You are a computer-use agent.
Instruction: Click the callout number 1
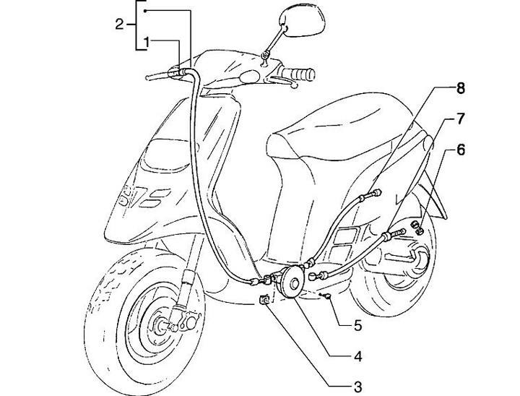click(147, 42)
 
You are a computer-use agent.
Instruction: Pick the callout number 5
click(357, 325)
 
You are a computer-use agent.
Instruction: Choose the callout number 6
click(461, 150)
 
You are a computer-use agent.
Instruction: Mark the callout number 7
click(459, 117)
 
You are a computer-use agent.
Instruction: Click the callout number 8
click(460, 90)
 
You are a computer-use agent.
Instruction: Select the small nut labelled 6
click(417, 230)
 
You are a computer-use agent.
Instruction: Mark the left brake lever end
click(149, 75)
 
